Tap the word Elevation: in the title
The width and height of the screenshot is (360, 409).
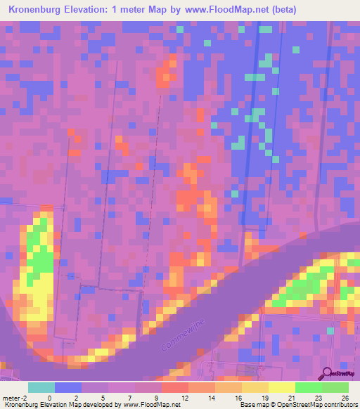(x=92, y=10)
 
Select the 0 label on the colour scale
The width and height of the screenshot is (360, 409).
(x=49, y=398)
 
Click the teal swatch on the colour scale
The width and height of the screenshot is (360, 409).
(x=41, y=387)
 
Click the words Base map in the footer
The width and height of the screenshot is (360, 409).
(x=253, y=405)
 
